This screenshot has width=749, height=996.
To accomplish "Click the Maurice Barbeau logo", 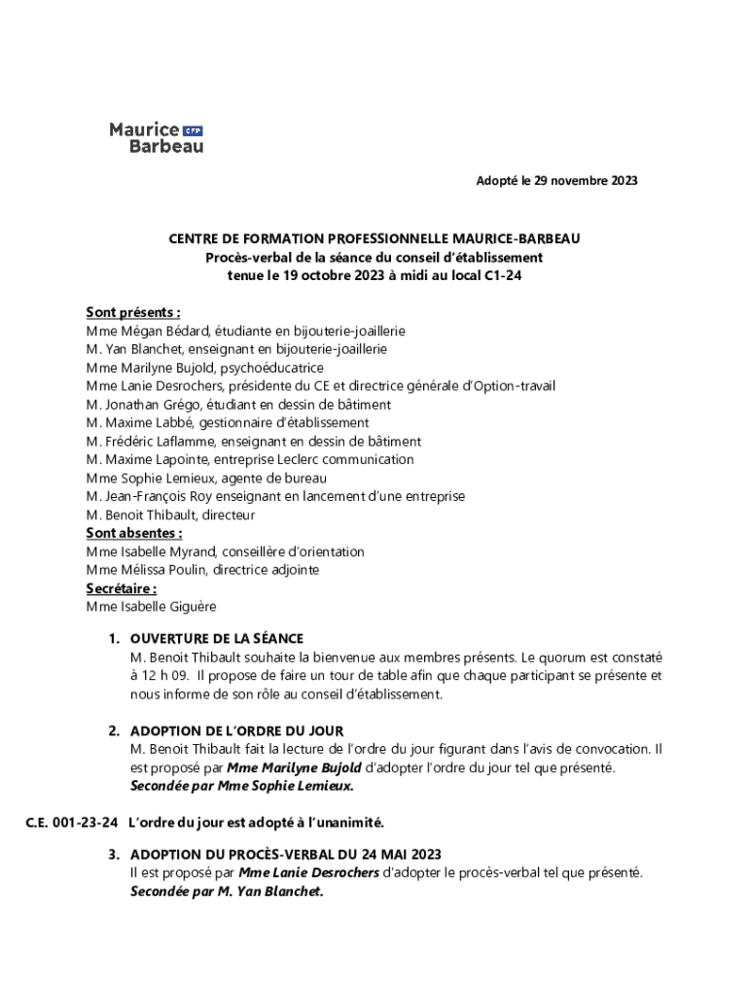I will (x=156, y=137).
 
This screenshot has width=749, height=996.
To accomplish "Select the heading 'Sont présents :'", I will (x=133, y=312).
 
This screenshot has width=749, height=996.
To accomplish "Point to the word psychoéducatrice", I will (x=271, y=368).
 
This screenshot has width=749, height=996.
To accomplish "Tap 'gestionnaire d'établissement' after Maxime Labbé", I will (x=291, y=423).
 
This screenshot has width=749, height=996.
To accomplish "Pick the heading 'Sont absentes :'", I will (x=134, y=533).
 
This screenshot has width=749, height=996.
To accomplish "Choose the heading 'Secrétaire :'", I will (x=122, y=588).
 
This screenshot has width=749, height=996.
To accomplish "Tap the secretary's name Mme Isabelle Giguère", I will (x=151, y=607).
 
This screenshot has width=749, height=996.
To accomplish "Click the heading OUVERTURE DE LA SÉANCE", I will (x=217, y=639).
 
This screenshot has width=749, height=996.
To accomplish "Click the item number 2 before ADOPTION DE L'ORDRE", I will (x=113, y=730).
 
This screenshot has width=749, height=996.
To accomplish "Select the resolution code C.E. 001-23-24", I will (x=71, y=823).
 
